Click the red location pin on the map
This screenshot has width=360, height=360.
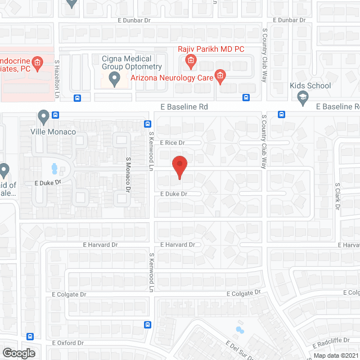[179, 166]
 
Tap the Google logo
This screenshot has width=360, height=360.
[18, 353]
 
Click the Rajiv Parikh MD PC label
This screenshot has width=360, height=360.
[211, 49]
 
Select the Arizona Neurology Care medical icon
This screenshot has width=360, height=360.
[220, 76]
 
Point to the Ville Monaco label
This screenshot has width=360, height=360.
[53, 132]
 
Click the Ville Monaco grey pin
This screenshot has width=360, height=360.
[44, 117]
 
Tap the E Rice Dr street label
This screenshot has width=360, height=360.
[172, 143]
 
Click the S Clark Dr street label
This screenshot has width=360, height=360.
[337, 196]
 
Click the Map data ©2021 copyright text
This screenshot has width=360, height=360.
[336, 355]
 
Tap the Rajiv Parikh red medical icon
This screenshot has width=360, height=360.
[191, 60]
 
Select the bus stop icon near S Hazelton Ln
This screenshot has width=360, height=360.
[77, 97]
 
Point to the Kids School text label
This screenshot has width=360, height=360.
[310, 86]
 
